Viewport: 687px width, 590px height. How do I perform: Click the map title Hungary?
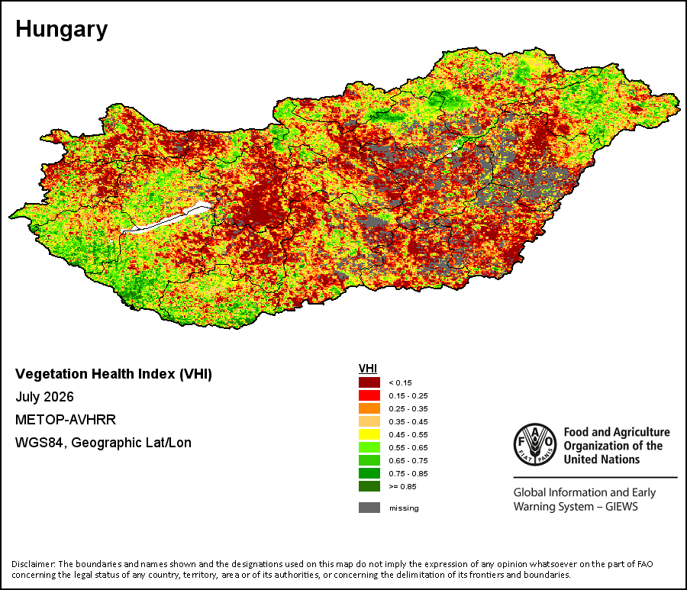point(61,30)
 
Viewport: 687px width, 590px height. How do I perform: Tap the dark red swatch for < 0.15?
point(369,382)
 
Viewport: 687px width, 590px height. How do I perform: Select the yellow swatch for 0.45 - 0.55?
point(369,434)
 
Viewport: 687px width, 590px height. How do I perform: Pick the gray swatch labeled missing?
point(369,508)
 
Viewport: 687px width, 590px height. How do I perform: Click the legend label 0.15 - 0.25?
point(408,395)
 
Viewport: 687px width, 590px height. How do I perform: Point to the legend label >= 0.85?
point(402,487)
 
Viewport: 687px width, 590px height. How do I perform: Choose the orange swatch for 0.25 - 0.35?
point(369,408)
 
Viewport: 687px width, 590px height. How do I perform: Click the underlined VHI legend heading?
point(368,369)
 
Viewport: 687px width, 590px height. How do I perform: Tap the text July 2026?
point(44,397)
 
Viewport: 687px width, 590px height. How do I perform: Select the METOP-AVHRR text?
point(66,420)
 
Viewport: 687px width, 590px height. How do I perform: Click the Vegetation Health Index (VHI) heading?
point(114,374)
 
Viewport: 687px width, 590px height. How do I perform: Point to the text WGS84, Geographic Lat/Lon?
point(103,443)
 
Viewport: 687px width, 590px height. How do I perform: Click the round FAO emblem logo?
point(535,444)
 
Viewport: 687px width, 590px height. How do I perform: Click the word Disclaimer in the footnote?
point(33,564)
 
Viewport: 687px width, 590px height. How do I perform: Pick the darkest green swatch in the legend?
point(369,487)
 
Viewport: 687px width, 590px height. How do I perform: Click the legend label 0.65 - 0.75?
point(408,461)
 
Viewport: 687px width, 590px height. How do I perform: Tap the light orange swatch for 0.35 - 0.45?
point(369,421)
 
